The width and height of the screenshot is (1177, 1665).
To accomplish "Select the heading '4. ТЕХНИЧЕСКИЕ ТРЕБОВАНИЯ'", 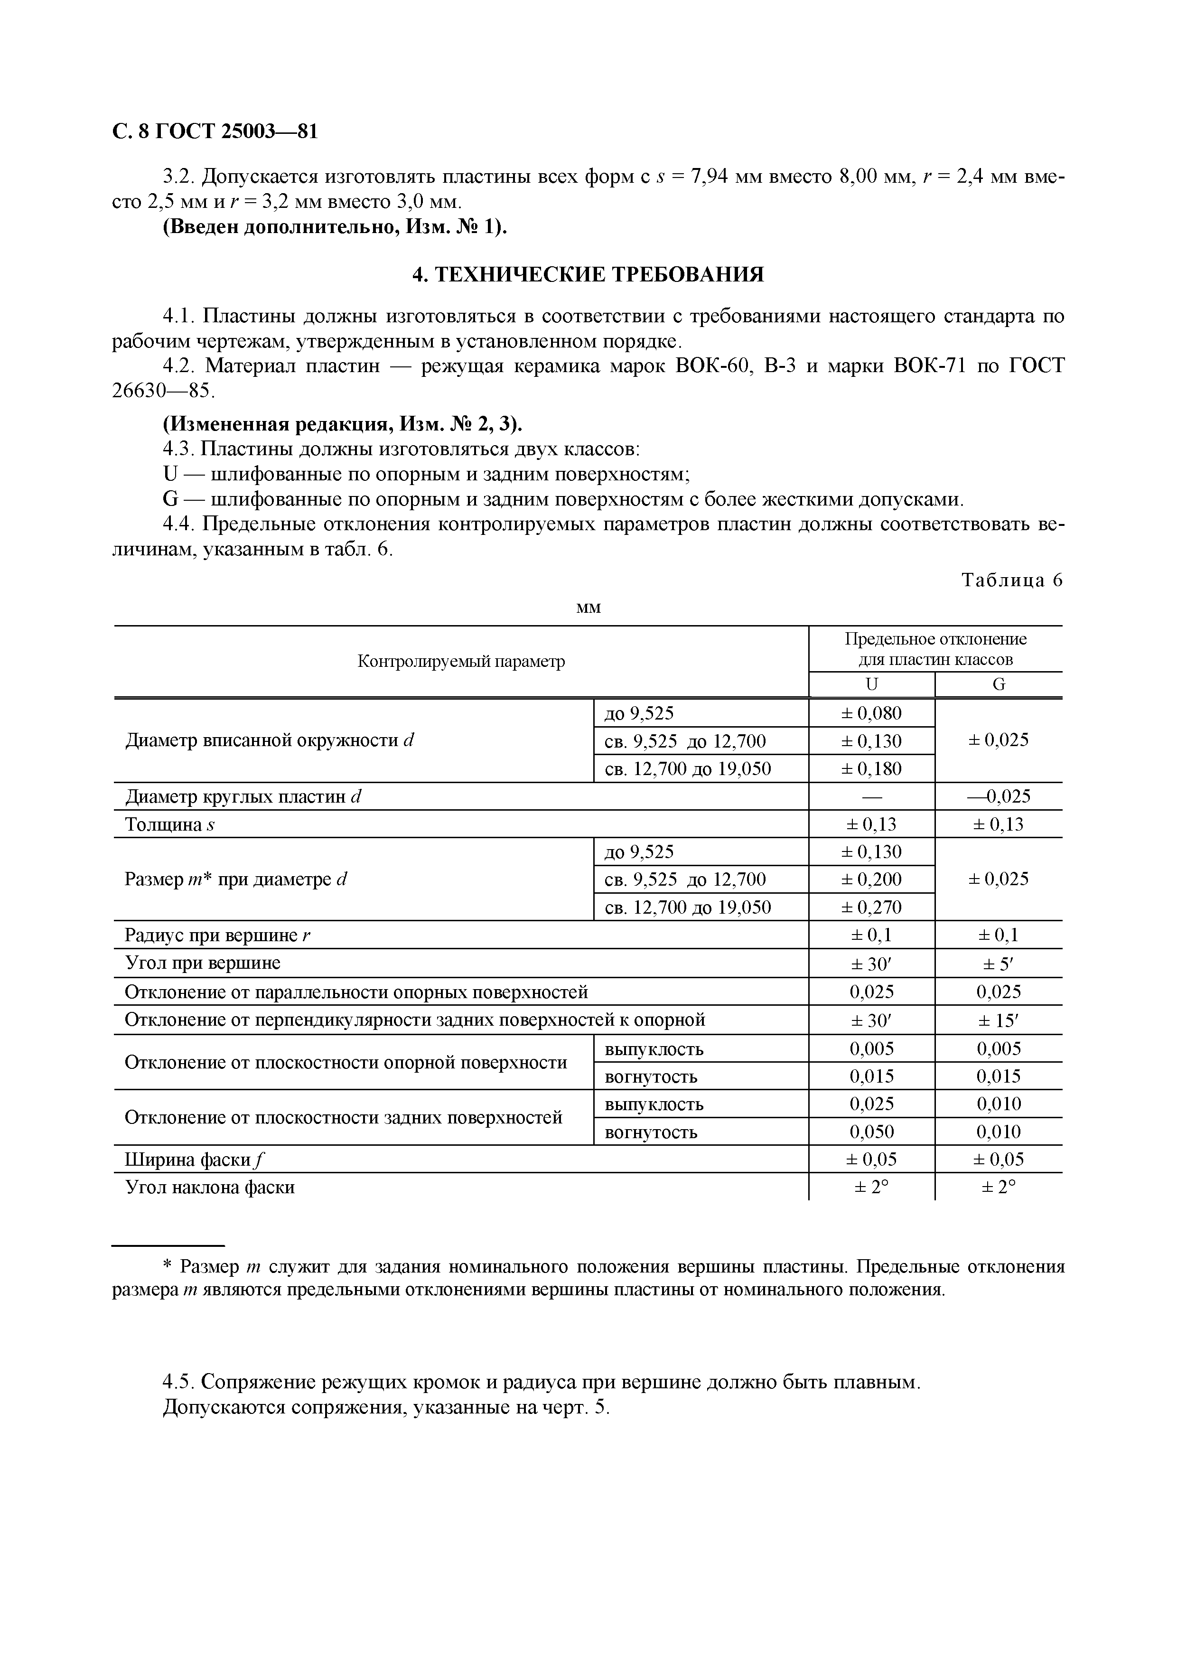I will pyautogui.click(x=588, y=275).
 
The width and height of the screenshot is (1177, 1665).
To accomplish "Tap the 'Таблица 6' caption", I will pyautogui.click(x=1012, y=580).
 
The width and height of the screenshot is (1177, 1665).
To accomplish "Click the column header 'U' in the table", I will pyautogui.click(x=872, y=684).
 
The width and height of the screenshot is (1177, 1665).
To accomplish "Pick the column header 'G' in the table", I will pyautogui.click(x=999, y=684).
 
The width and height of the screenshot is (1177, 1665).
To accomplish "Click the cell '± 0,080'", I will pyautogui.click(x=872, y=713).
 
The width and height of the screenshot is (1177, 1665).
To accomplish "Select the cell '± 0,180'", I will pyautogui.click(x=872, y=769).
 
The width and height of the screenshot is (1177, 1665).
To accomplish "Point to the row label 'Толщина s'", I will pyautogui.click(x=170, y=824).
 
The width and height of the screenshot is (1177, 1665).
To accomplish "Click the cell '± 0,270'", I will pyautogui.click(x=872, y=907).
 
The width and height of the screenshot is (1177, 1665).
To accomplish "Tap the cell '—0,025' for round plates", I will pyautogui.click(x=999, y=796).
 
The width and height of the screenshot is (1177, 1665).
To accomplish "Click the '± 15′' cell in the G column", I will pyautogui.click(x=999, y=1020).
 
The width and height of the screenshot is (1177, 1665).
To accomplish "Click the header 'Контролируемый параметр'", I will pyautogui.click(x=461, y=661).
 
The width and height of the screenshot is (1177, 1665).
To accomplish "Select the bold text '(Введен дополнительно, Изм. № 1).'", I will pyautogui.click(x=335, y=227).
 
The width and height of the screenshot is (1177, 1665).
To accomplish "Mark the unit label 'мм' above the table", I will pyautogui.click(x=588, y=607).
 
